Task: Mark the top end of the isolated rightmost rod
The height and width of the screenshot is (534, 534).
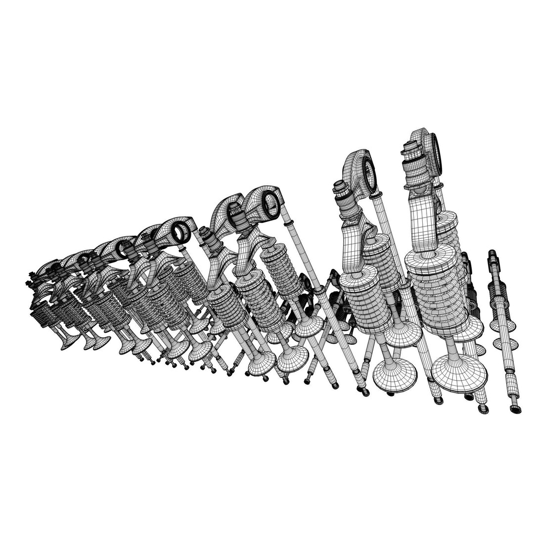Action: pyautogui.click(x=492, y=254)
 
